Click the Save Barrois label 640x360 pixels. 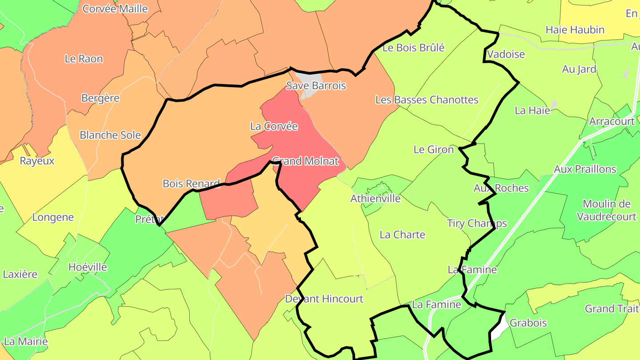[316, 86]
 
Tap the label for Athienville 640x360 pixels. [376, 198]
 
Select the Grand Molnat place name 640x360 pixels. [305, 161]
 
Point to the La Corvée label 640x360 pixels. [274, 126]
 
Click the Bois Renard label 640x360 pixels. [191, 183]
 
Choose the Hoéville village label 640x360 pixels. [88, 267]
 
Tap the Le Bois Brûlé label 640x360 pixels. [413, 48]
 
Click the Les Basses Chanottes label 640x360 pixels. [427, 100]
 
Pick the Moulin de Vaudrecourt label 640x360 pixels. [609, 210]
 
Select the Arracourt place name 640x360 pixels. [612, 121]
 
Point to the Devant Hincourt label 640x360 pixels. [324, 299]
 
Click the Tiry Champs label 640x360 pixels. [477, 223]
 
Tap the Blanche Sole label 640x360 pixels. [110, 135]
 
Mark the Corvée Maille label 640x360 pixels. [115, 8]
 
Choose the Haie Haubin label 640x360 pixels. [575, 30]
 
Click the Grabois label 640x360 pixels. [528, 323]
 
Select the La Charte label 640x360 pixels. [402, 235]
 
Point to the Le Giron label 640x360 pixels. [433, 149]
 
